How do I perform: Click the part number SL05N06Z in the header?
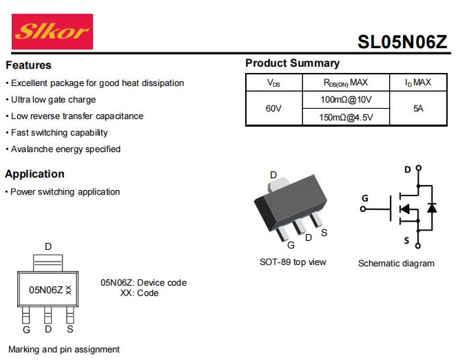pos(403,42)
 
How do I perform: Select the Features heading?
pos(28,65)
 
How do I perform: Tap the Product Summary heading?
pos(292,63)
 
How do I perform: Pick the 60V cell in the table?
pos(273,109)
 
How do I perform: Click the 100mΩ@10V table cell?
pos(346,100)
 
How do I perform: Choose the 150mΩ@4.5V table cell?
pos(346,117)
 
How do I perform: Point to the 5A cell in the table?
pos(418,109)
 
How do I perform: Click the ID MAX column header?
pos(418,83)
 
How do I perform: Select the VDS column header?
pos(273,83)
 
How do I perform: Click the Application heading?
pos(34,174)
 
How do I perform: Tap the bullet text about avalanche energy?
pos(65,149)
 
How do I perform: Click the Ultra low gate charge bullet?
pos(53,100)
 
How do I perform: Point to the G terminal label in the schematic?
pos(365,199)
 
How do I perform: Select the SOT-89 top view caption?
pos(293,262)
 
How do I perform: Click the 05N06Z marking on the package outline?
pos(46,290)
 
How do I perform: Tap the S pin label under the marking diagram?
pos(70,330)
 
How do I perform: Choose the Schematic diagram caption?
pos(396,264)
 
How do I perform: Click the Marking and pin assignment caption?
pos(64,350)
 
